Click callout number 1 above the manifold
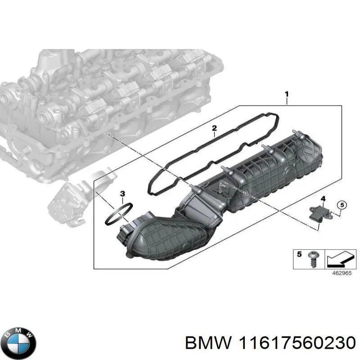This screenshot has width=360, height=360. (x=287, y=94)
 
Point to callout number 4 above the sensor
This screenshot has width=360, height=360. (x=322, y=198)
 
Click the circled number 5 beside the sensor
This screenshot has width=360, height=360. (x=342, y=205)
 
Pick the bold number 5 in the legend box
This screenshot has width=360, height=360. (x=300, y=255)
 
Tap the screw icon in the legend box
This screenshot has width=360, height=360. (x=313, y=259)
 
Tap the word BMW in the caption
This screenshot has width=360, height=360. (x=202, y=343)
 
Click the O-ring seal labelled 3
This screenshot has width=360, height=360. (x=118, y=214)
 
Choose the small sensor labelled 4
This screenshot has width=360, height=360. (x=318, y=211)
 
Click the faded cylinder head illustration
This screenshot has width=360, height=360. (x=103, y=103)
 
